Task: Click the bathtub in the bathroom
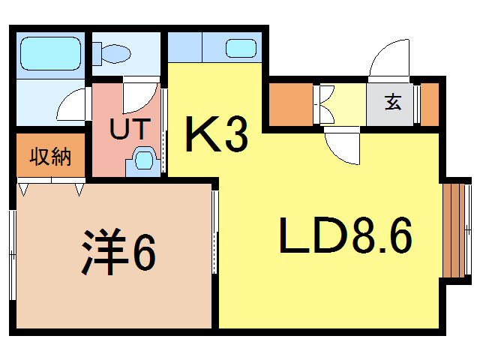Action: click(50, 53)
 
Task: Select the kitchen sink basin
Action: click(241, 48)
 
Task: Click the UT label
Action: click(130, 129)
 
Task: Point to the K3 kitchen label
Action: click(217, 133)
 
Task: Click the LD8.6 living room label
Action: click(346, 235)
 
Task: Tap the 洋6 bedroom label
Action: click(118, 252)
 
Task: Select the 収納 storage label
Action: click(50, 157)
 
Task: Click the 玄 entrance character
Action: click(393, 102)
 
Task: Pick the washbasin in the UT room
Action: click(143, 161)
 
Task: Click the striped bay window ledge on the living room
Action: click(454, 230)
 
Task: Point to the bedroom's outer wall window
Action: click(13, 255)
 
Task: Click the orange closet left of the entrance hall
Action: click(291, 104)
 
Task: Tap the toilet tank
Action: click(97, 54)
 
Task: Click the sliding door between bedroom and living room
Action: click(215, 232)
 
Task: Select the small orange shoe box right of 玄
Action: click(430, 104)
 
